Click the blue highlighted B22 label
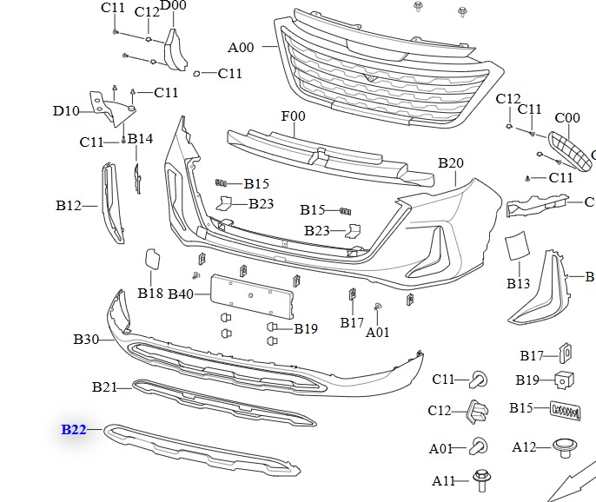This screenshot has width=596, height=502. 74,430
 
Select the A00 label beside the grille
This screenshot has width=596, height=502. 241,48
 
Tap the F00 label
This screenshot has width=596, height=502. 293,116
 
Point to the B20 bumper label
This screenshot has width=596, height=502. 451,163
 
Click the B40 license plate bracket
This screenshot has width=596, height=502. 252,296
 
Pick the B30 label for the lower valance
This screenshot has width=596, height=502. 86,339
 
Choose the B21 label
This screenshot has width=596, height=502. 104,386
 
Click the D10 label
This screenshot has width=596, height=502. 66,111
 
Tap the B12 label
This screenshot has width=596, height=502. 69,206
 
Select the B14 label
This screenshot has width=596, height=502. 140,139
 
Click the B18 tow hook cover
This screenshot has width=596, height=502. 152,259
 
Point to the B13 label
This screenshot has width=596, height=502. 518,283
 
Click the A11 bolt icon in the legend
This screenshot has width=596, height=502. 482,480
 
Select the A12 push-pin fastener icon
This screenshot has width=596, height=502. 565,448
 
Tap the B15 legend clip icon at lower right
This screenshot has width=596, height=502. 566,411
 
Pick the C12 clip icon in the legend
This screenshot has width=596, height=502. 478,411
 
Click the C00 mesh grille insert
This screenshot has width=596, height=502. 570,151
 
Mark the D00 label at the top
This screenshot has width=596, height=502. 174,5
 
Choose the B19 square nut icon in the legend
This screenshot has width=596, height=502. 564,380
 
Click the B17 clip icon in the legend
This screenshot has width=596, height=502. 566,353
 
